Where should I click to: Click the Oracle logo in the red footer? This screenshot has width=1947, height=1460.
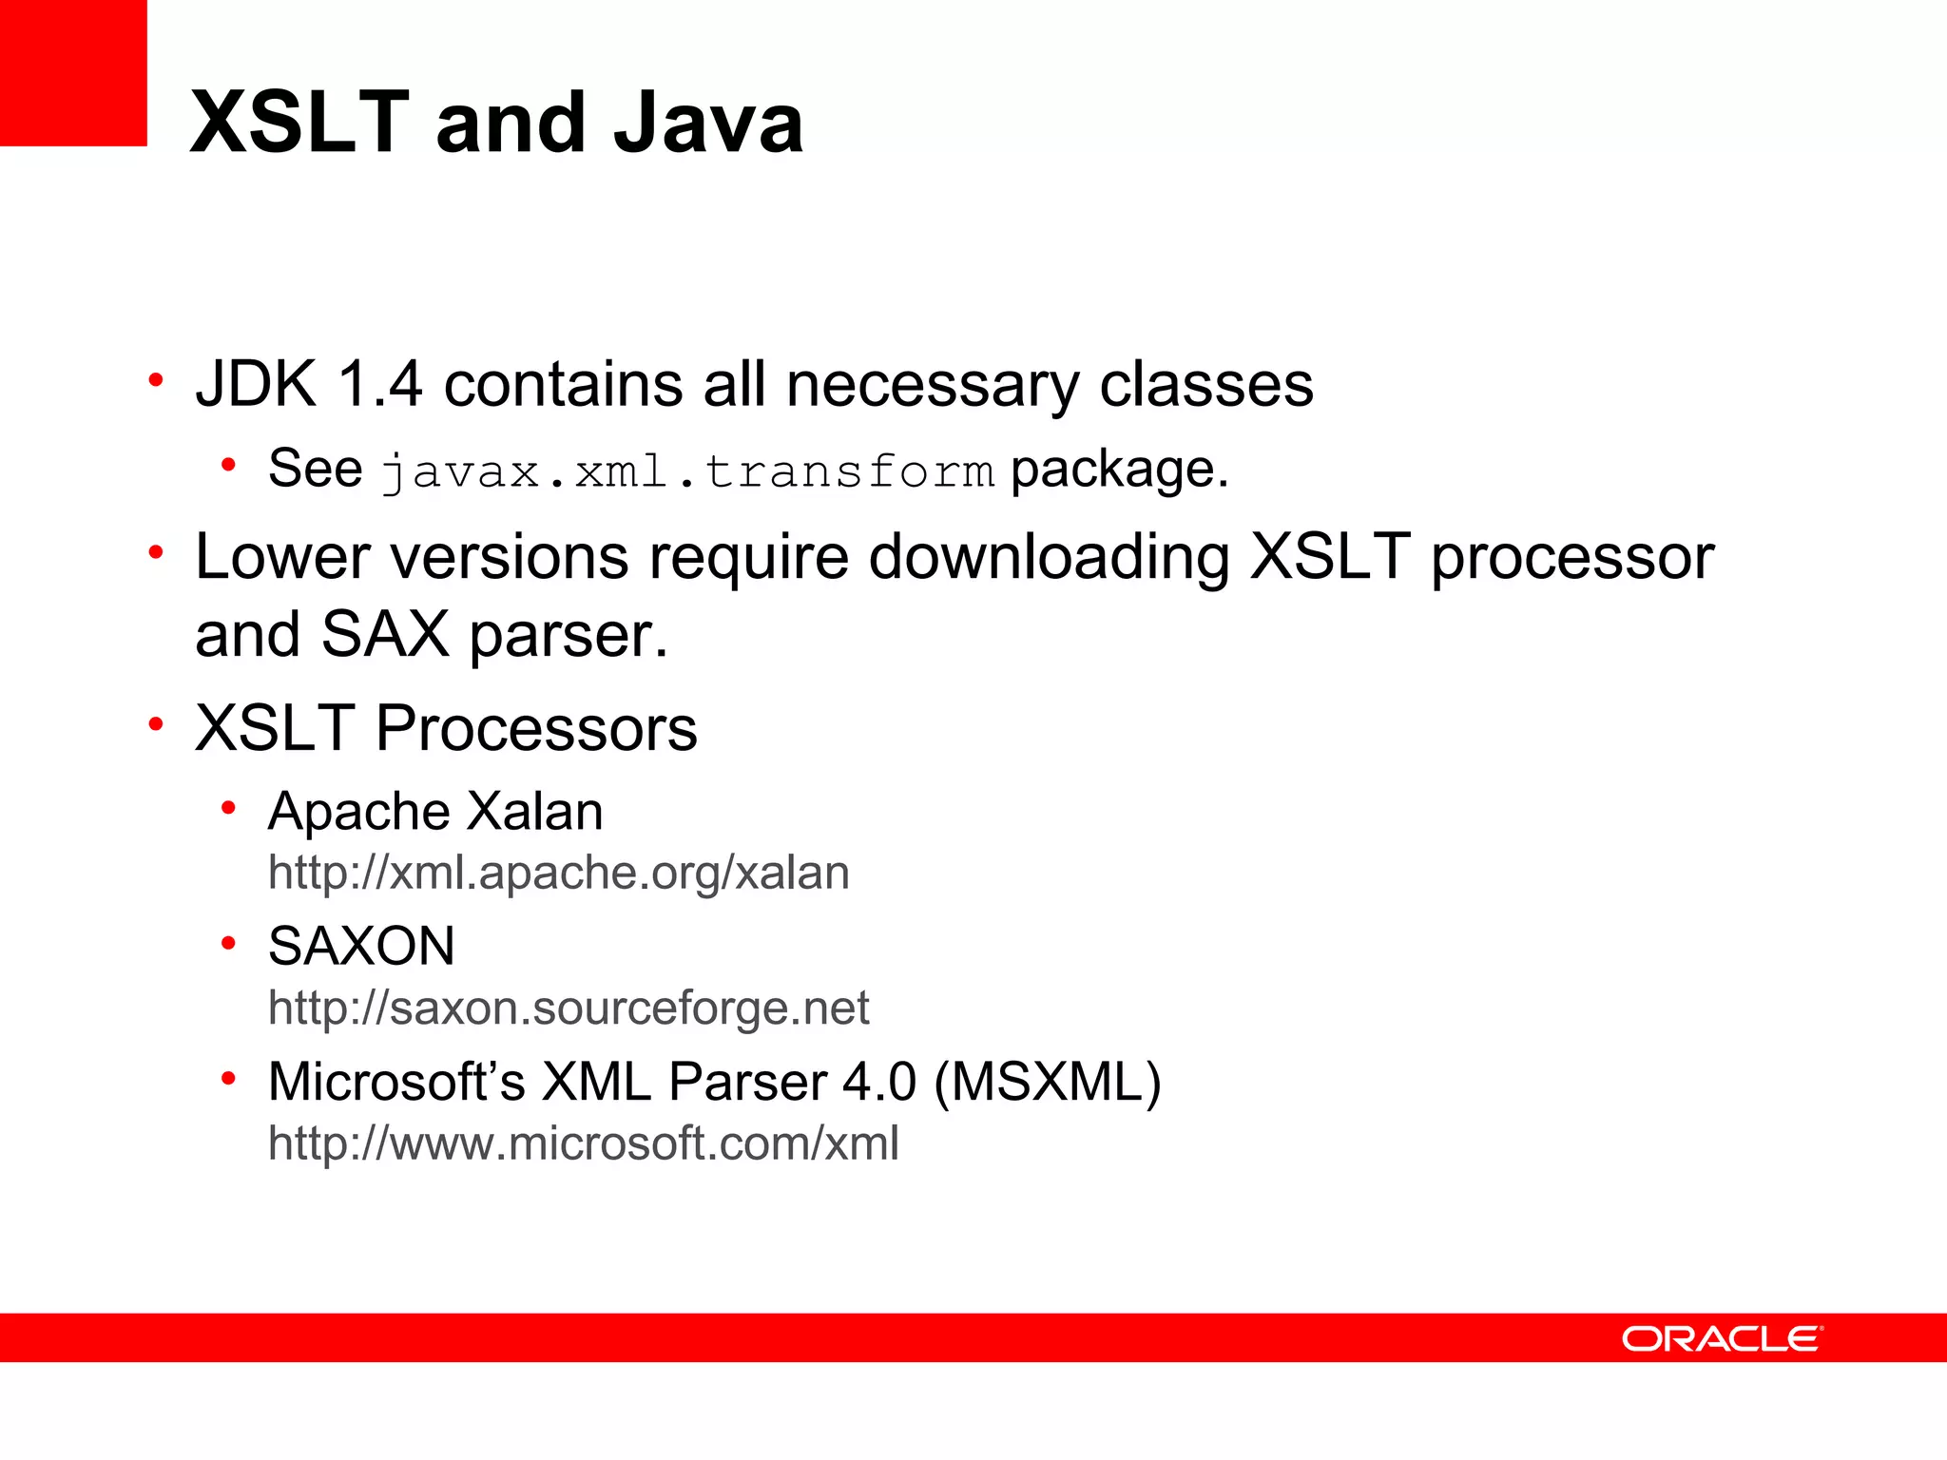[1721, 1338]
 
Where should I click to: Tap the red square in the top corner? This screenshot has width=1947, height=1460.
[73, 73]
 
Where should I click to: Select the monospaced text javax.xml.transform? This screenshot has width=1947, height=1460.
[686, 471]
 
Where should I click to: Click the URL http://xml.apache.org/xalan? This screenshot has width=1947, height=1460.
[558, 873]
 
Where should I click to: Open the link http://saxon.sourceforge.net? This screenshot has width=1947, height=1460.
[569, 1008]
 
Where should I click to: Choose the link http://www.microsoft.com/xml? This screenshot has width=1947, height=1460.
[583, 1143]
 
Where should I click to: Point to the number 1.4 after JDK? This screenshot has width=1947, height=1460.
[379, 384]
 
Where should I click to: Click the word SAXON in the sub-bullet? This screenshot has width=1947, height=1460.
[361, 946]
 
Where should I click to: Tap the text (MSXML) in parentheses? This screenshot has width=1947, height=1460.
[1048, 1082]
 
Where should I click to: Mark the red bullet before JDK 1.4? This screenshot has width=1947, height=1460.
[156, 381]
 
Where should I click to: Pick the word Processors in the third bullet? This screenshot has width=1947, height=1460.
[536, 729]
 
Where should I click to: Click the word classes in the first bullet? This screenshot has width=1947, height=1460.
[1205, 384]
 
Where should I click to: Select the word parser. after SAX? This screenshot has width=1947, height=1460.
[569, 635]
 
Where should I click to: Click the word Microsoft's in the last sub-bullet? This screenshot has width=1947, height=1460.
[396, 1082]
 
